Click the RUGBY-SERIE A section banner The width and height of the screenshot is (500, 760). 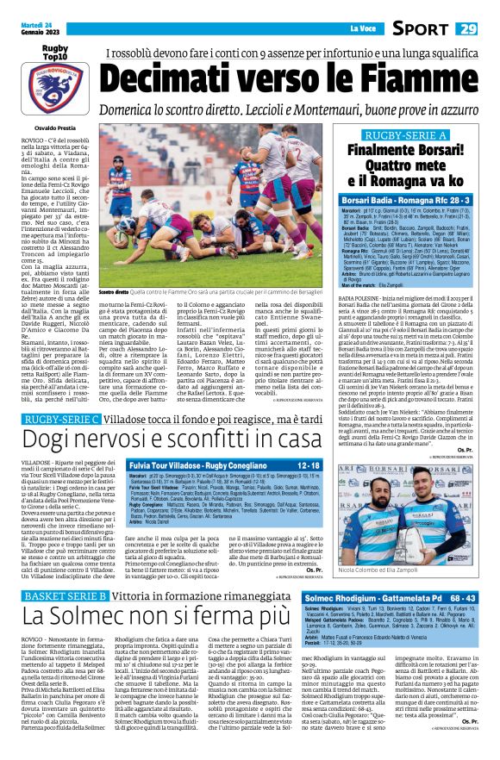(x=405, y=136)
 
